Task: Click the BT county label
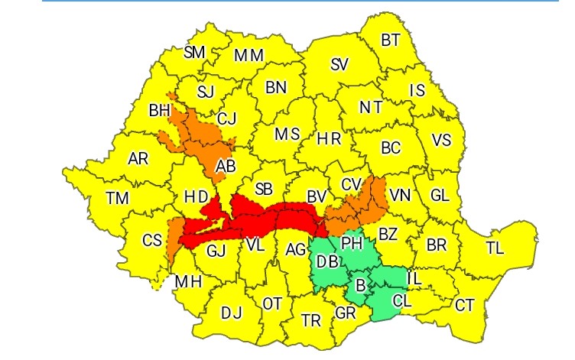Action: coord(391,40)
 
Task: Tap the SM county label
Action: coord(195,53)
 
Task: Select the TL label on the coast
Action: coord(495,248)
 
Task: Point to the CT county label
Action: coord(465,306)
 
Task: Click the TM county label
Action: coord(117,198)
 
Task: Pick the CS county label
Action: coord(152,240)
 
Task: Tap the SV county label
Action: coord(339,65)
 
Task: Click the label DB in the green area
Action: coord(327,261)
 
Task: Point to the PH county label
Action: coord(351,243)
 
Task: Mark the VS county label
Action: coord(441,141)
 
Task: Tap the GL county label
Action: coord(439,195)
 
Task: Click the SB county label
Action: coord(264,188)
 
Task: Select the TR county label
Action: coord(311,320)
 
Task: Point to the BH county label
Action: coord(159,111)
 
